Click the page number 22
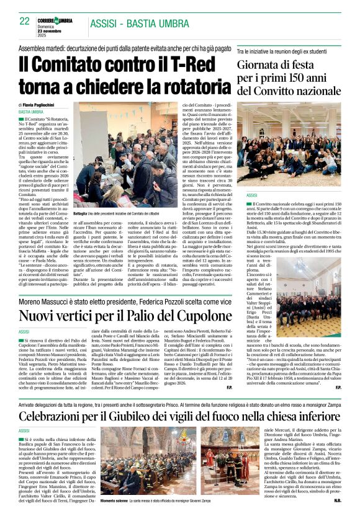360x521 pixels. pyautogui.click(x=24, y=21)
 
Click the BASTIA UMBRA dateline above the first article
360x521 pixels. pyautogui.click(x=31, y=112)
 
